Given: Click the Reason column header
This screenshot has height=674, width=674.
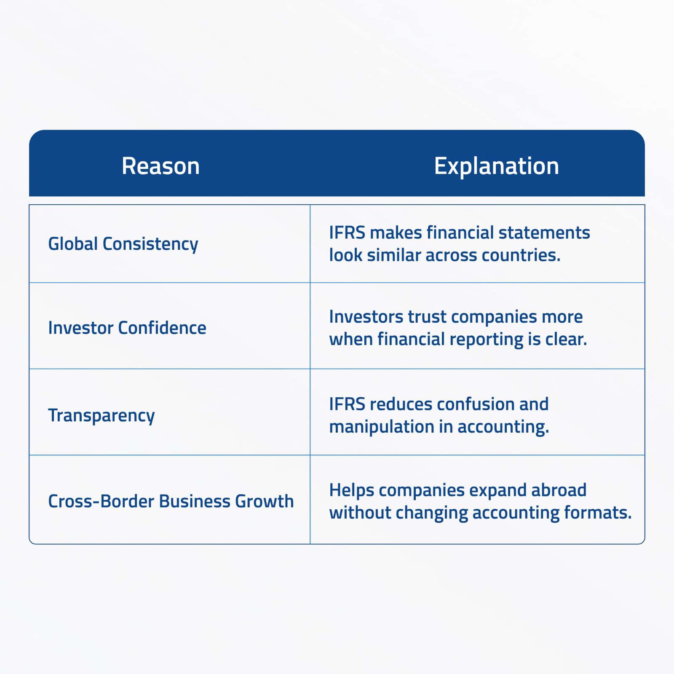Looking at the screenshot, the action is point(160,166).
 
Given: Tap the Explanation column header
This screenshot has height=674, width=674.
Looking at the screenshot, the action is point(497,166).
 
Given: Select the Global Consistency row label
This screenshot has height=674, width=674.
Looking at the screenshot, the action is point(123,244).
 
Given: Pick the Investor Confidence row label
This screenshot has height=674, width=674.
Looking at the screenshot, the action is point(127,328).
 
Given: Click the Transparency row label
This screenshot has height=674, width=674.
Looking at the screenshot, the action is point(102,415).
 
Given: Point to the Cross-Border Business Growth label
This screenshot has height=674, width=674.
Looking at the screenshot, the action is point(171,501).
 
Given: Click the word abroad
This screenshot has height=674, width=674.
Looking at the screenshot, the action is point(559,490).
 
